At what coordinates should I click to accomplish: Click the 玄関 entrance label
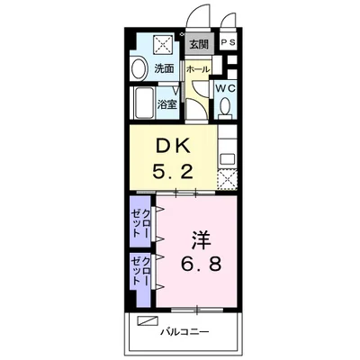[199, 44]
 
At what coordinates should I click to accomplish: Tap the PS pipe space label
[229, 42]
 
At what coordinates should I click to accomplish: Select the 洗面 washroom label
[164, 68]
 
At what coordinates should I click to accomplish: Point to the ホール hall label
[198, 69]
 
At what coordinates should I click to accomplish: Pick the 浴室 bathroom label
[166, 104]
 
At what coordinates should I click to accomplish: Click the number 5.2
[172, 172]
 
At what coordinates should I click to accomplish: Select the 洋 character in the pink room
[201, 240]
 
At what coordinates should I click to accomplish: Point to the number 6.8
[201, 264]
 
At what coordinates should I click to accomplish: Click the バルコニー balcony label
[184, 332]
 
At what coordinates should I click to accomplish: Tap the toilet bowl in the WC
[225, 108]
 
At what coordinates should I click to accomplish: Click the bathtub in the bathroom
[144, 103]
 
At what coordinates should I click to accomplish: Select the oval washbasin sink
[139, 69]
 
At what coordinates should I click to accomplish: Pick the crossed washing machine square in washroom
[163, 45]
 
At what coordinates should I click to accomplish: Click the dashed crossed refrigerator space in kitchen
[227, 179]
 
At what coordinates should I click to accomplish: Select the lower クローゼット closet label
[141, 271]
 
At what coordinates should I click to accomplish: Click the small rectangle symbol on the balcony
[148, 320]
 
